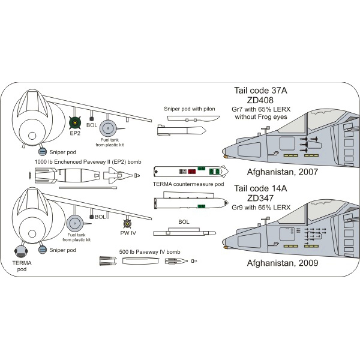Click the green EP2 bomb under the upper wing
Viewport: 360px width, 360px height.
point(74,122)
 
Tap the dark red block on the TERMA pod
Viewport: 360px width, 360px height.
point(192,171)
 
